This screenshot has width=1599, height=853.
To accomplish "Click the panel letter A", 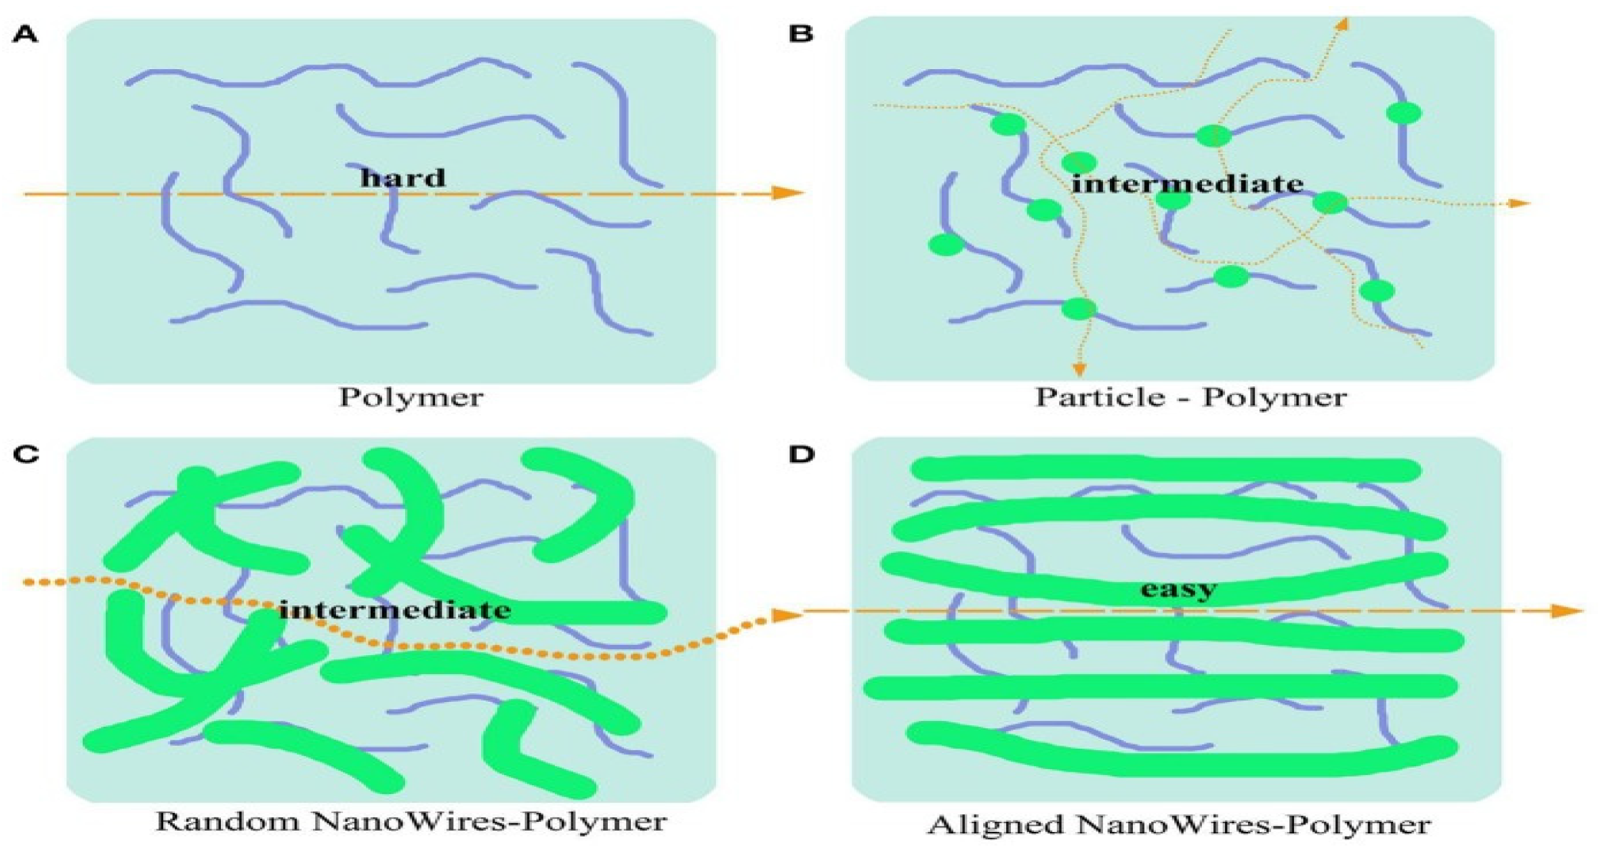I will pyautogui.click(x=25, y=35).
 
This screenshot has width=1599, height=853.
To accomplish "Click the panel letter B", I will pyautogui.click(x=801, y=33).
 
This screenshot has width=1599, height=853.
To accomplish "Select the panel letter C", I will pyautogui.click(x=26, y=454).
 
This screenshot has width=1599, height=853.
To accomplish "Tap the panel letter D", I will pyautogui.click(x=802, y=454).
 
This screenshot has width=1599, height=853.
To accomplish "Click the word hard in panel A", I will pyautogui.click(x=402, y=178).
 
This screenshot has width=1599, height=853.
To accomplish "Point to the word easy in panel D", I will pyautogui.click(x=1178, y=588).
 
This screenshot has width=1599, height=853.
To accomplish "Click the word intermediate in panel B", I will pyautogui.click(x=1187, y=184).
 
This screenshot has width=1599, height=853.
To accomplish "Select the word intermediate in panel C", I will pyautogui.click(x=395, y=610).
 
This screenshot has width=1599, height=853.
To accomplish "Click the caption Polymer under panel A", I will pyautogui.click(x=411, y=397).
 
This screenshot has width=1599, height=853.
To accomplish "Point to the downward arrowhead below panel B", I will pyautogui.click(x=1079, y=369).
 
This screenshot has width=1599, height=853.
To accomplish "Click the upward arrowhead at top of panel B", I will pyautogui.click(x=1342, y=24).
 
